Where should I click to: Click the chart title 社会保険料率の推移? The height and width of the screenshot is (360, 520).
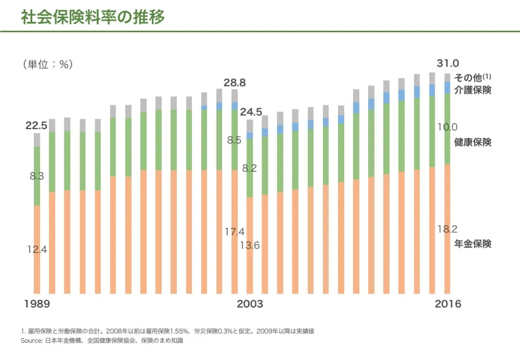(93, 18)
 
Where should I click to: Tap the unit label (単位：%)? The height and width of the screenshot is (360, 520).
(47, 65)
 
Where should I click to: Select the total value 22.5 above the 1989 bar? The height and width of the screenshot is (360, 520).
(36, 125)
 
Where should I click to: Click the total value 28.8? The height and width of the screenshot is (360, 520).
(235, 83)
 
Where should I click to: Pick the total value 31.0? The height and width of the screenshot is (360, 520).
(447, 64)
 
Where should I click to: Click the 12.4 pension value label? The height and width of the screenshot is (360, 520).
(37, 250)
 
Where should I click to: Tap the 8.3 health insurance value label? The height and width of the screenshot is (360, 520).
(37, 176)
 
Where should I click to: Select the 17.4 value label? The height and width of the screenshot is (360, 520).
(235, 232)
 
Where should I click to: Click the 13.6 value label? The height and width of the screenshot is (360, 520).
(250, 246)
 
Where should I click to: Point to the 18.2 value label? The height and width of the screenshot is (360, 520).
(447, 229)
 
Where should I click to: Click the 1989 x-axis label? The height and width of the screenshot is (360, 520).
(37, 304)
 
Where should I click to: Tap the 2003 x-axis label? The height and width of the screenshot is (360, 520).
(250, 304)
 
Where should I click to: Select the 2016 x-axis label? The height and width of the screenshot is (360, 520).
(447, 304)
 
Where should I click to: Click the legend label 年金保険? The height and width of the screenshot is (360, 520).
(473, 244)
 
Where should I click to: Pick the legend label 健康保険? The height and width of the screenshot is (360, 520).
(473, 143)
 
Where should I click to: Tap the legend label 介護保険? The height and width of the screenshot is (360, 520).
(473, 90)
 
